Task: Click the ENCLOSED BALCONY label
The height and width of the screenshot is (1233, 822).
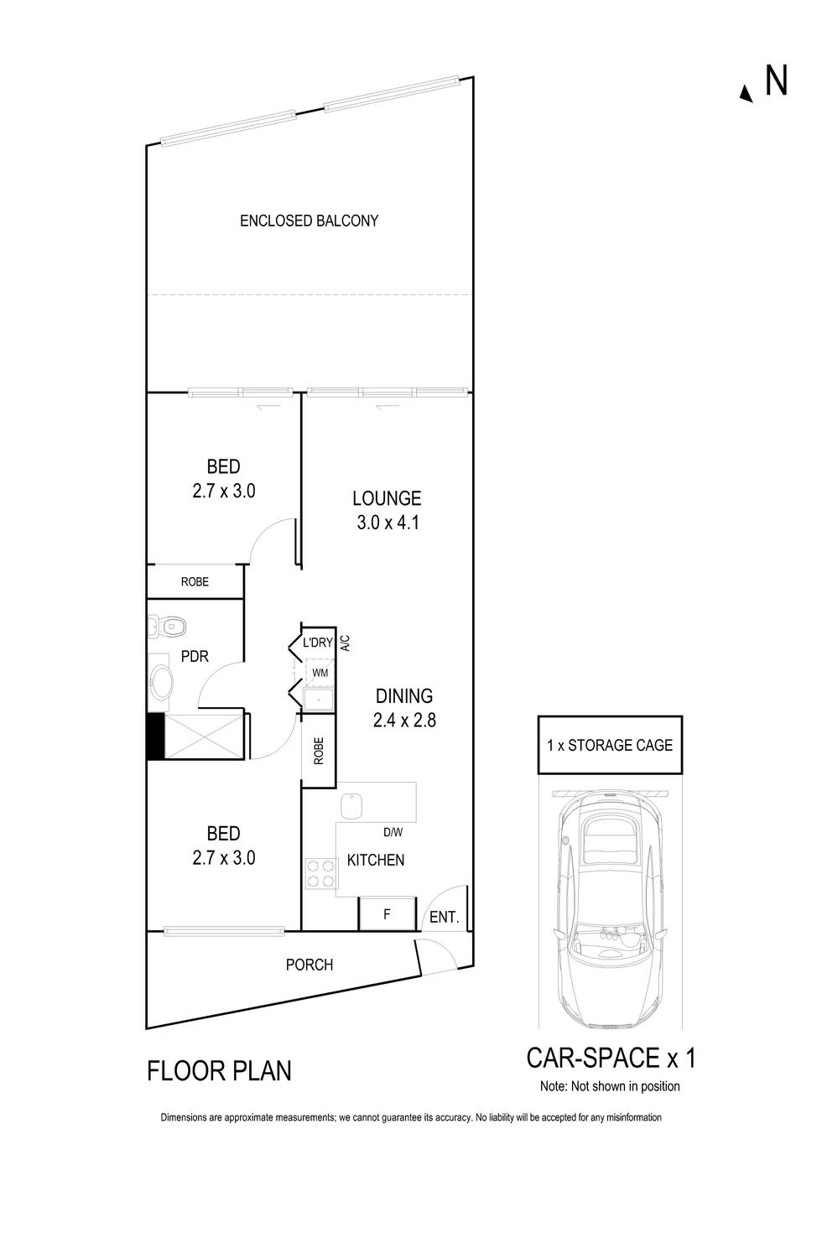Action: tap(309, 221)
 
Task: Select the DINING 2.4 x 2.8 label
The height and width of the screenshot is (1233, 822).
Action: tap(404, 707)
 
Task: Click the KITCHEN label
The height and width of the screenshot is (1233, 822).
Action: tap(376, 860)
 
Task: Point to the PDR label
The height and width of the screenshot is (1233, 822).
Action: tap(195, 657)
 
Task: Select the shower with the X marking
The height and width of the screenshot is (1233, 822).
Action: tap(204, 736)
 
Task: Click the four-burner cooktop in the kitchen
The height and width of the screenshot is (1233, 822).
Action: tap(320, 872)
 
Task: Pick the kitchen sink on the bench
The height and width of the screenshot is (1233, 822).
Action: tap(351, 807)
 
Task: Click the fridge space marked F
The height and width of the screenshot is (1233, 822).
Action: tap(387, 914)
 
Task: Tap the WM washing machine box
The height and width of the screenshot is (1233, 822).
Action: tap(320, 673)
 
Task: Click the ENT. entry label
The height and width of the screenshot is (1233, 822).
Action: tap(444, 918)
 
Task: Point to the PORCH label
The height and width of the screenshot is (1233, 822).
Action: tap(310, 965)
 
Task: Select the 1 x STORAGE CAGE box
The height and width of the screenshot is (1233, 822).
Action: tap(610, 745)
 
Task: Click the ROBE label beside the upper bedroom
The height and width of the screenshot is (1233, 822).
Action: tap(195, 581)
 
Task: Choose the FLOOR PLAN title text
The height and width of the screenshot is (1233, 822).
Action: tap(220, 1071)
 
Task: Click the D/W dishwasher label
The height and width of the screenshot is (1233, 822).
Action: tap(393, 833)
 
